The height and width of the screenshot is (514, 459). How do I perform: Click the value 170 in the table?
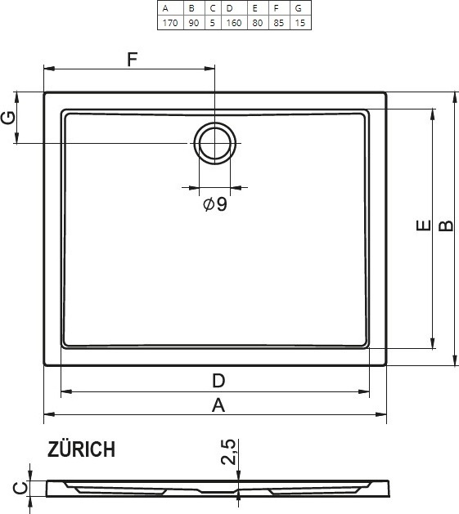pos(170,23)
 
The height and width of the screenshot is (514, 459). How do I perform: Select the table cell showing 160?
pos(234,23)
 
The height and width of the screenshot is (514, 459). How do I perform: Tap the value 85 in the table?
pos(279,23)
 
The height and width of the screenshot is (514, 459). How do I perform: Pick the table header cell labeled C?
pos(213,8)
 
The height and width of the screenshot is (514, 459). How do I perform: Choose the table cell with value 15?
pos(299,23)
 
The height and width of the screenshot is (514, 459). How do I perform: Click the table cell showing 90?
pos(194,23)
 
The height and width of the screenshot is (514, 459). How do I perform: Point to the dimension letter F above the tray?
pos(132,60)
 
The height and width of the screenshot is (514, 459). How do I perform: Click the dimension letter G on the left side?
pos(8,118)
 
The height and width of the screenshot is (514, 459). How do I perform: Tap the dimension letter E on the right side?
pos(424,226)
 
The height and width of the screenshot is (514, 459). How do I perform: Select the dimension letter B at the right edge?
pos(446,226)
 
